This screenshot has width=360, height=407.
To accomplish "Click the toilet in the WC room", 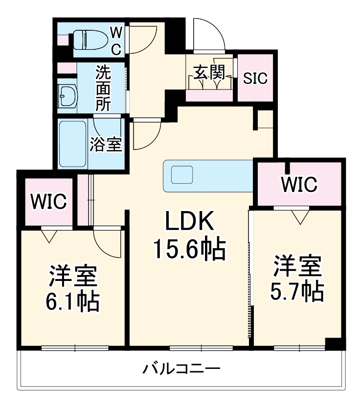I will [89, 39].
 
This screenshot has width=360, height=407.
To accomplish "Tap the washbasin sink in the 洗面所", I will [67, 95].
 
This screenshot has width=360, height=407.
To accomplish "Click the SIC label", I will [256, 79].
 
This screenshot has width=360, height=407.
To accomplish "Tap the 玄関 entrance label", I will [210, 73].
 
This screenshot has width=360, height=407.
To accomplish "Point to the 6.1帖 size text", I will [74, 301].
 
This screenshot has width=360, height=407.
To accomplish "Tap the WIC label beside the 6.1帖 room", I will [48, 201].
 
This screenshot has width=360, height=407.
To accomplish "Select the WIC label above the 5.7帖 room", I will [299, 184].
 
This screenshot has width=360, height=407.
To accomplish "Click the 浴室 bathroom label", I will [106, 144].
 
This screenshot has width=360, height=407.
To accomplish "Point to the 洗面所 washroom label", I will [103, 88].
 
